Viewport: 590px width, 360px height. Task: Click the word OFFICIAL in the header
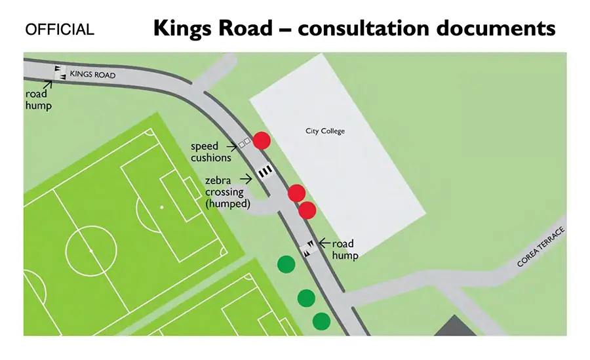(59, 30)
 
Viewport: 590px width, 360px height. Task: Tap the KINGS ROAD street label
(92, 75)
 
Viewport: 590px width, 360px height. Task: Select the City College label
(324, 131)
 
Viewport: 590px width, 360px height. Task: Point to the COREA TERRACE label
(541, 249)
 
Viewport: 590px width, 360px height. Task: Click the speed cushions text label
(210, 151)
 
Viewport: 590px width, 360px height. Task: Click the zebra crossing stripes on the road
(265, 172)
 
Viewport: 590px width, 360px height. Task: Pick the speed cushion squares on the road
(245, 142)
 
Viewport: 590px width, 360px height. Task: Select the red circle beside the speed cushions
(262, 140)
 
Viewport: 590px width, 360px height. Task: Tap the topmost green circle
(285, 264)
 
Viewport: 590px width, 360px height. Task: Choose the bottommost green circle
(321, 321)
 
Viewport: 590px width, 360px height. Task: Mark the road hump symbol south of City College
(307, 249)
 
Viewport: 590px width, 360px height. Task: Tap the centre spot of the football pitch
(90, 250)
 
